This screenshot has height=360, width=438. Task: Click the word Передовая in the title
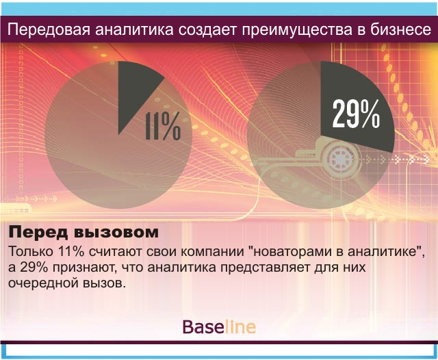49,29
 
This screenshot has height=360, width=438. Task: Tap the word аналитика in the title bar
134,30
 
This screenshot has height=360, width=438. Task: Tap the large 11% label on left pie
163,126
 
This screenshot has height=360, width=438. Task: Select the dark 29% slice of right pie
355,106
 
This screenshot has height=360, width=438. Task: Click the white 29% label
356,114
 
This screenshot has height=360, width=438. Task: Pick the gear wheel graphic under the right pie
341,159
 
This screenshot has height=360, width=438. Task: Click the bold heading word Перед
38,233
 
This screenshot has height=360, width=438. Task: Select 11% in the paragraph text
71,251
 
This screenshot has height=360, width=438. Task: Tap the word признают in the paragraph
84,268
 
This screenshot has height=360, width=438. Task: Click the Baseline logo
219,327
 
